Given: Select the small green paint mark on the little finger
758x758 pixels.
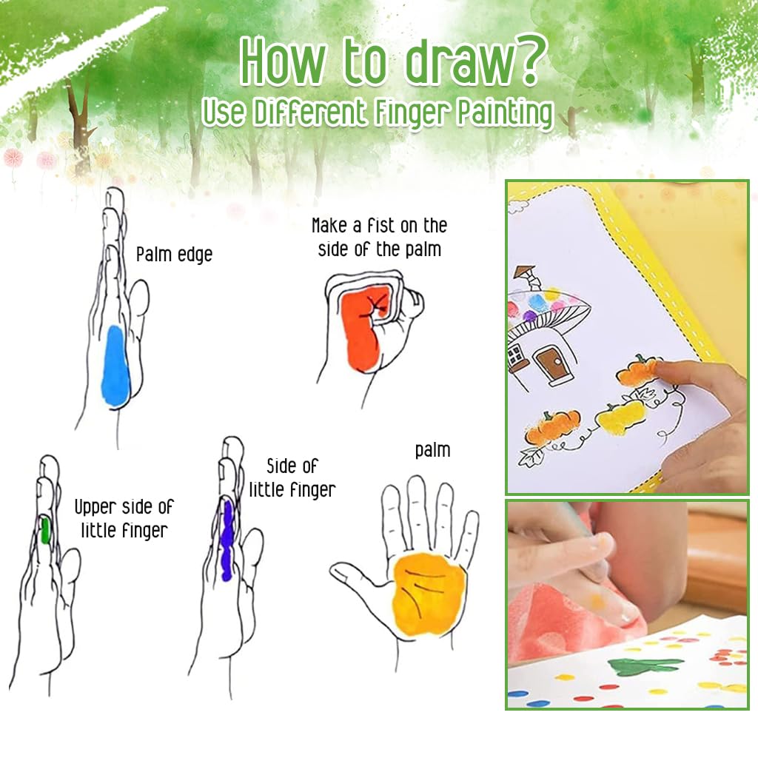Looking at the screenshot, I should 45,530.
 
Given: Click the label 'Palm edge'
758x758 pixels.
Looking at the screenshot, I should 174,255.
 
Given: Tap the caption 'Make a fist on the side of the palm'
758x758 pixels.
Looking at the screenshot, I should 379,237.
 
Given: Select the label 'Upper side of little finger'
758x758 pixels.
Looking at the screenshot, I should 124,518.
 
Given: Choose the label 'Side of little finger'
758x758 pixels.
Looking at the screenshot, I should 292,477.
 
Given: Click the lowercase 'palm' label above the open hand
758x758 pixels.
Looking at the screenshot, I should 432,449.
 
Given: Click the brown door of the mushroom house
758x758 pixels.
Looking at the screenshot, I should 549,363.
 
